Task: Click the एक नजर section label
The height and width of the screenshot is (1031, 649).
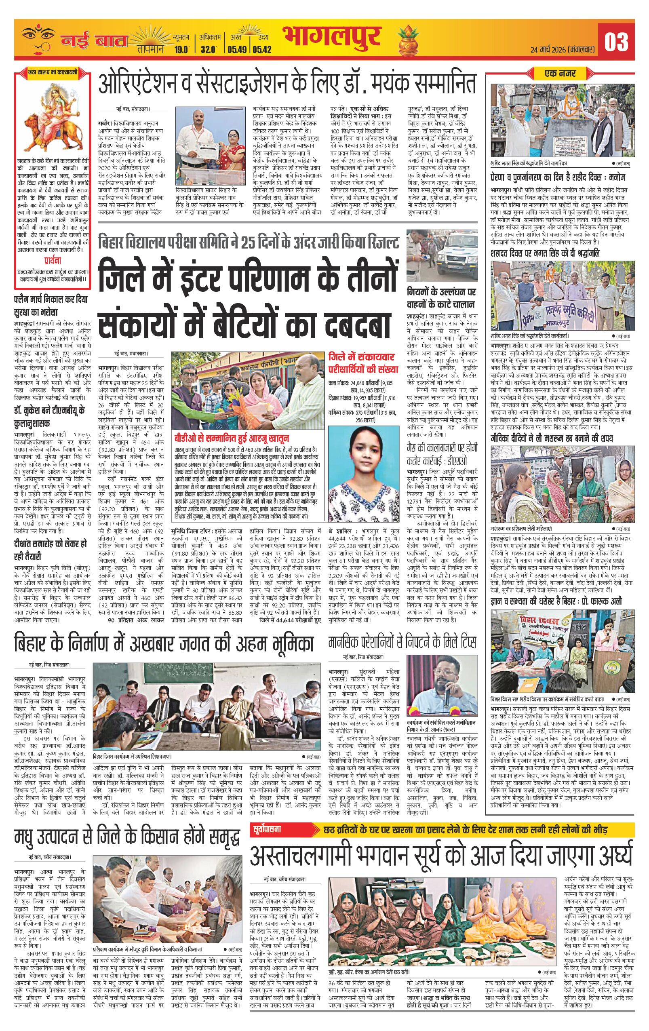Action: (x=560, y=74)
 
